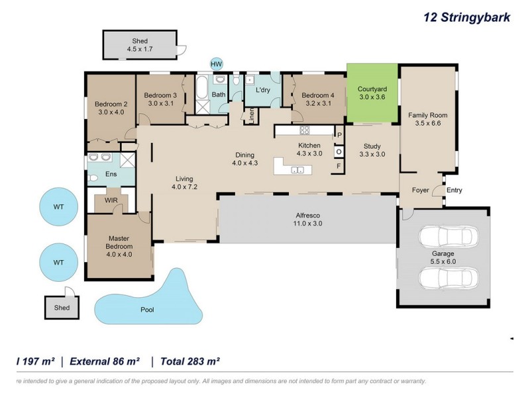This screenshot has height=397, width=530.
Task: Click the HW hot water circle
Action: [217, 64]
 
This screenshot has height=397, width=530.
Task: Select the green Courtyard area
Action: [372, 93]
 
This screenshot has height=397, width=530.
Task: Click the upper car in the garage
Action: [449, 237]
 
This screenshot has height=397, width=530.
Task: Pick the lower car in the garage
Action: [449, 279]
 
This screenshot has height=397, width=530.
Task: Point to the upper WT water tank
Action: [58, 206]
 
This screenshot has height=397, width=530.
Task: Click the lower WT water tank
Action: [58, 262]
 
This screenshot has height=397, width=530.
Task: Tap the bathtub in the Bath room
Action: [203, 88]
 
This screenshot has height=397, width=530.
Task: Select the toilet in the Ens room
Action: [93, 178]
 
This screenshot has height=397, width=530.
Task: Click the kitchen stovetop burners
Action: [305, 130]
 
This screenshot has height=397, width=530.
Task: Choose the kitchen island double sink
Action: [297, 170]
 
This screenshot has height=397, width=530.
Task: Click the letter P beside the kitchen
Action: [339, 135]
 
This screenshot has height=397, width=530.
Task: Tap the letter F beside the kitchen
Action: [339, 166]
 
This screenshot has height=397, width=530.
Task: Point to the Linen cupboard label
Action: [252, 116]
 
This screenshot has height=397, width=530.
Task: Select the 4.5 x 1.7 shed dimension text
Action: [140, 49]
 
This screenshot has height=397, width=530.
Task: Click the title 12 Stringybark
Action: [467, 17]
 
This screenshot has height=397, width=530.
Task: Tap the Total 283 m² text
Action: [190, 361]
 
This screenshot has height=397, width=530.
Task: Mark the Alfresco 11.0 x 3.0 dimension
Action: [307, 223]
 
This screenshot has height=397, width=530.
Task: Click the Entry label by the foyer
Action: [454, 190]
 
